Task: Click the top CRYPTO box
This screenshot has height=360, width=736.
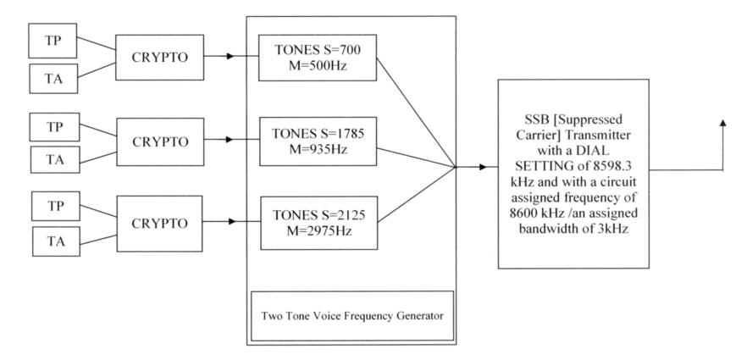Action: [159, 57]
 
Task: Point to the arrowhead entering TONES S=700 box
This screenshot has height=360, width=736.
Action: [255, 58]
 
